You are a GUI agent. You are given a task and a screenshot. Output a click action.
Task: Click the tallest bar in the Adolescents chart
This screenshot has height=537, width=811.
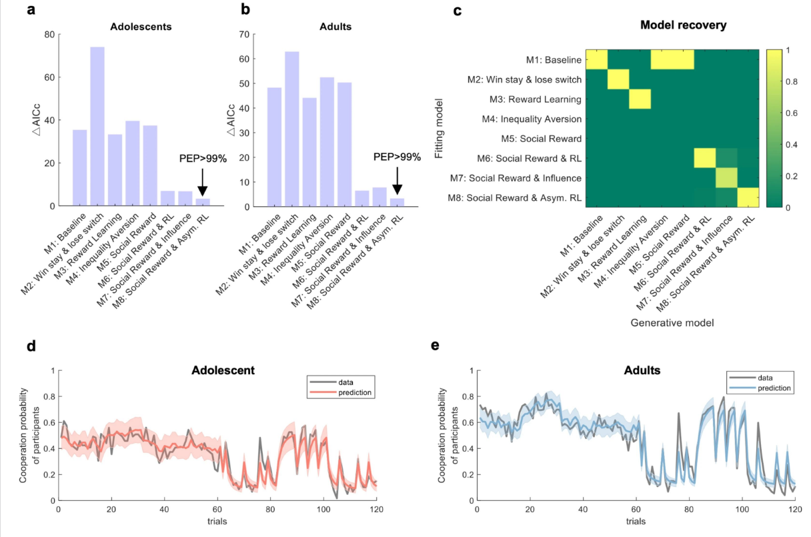(97, 126)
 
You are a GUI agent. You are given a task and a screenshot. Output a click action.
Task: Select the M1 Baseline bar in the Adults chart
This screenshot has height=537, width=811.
(274, 147)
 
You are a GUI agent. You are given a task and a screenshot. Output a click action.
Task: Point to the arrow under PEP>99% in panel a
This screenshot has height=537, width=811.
(202, 182)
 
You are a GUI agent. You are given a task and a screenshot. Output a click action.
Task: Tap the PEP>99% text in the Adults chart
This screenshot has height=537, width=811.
(397, 157)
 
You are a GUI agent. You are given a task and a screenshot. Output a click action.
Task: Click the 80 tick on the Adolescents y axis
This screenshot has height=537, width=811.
(49, 35)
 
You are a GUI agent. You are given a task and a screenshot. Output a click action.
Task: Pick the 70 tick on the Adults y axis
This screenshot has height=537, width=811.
(244, 35)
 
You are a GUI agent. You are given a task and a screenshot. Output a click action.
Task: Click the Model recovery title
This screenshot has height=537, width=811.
(683, 25)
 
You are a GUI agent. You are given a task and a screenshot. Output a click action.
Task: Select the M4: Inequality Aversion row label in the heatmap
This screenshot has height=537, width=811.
(532, 119)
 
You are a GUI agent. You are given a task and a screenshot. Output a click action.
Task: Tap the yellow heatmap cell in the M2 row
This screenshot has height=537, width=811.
(618, 79)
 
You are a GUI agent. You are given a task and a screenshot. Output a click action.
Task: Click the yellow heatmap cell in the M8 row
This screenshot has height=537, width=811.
(748, 197)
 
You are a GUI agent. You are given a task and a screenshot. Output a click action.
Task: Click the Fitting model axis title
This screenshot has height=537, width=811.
(439, 129)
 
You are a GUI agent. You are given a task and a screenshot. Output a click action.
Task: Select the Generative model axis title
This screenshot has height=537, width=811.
(672, 323)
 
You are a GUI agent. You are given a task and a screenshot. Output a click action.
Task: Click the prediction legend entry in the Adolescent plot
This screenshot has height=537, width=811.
(341, 392)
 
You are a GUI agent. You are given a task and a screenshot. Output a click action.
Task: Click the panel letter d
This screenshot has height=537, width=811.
(31, 346)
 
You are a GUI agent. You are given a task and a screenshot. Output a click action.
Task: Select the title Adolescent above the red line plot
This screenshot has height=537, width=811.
(223, 370)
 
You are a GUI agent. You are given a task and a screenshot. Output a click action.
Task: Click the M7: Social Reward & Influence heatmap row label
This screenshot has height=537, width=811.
(516, 178)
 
